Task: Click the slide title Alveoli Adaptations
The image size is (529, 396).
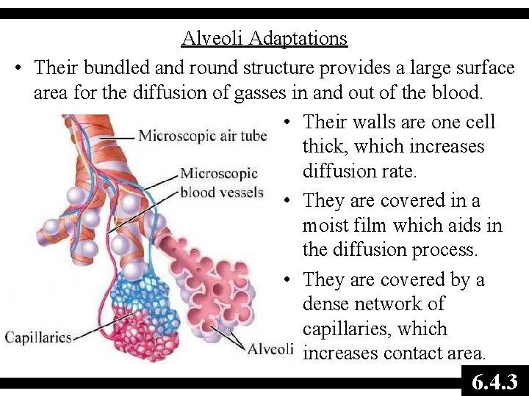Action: [264, 38]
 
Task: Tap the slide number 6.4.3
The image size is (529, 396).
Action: [494, 382]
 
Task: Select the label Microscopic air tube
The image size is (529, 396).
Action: [202, 136]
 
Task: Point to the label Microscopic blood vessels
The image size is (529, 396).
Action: [221, 183]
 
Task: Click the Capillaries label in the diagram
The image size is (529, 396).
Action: [38, 338]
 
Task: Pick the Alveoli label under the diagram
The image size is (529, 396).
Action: [270, 348]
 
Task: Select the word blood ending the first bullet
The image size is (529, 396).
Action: [456, 93]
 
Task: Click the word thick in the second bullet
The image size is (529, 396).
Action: [323, 147]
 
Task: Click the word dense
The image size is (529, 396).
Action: [326, 304]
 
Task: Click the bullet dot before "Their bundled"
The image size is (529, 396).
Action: [20, 68]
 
